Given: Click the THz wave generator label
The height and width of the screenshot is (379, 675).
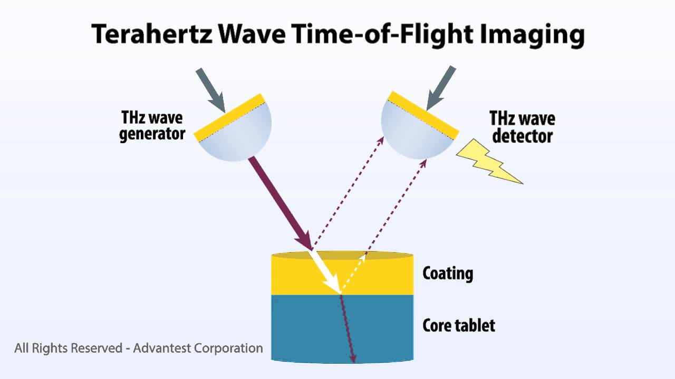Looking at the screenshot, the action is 152,126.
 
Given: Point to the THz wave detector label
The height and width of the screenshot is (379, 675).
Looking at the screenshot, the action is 522,127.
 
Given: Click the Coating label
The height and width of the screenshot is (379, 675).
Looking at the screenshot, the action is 447,273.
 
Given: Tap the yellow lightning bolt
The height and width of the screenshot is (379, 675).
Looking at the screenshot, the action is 488,161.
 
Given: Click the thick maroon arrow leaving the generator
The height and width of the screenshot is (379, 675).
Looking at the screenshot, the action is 279,200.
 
